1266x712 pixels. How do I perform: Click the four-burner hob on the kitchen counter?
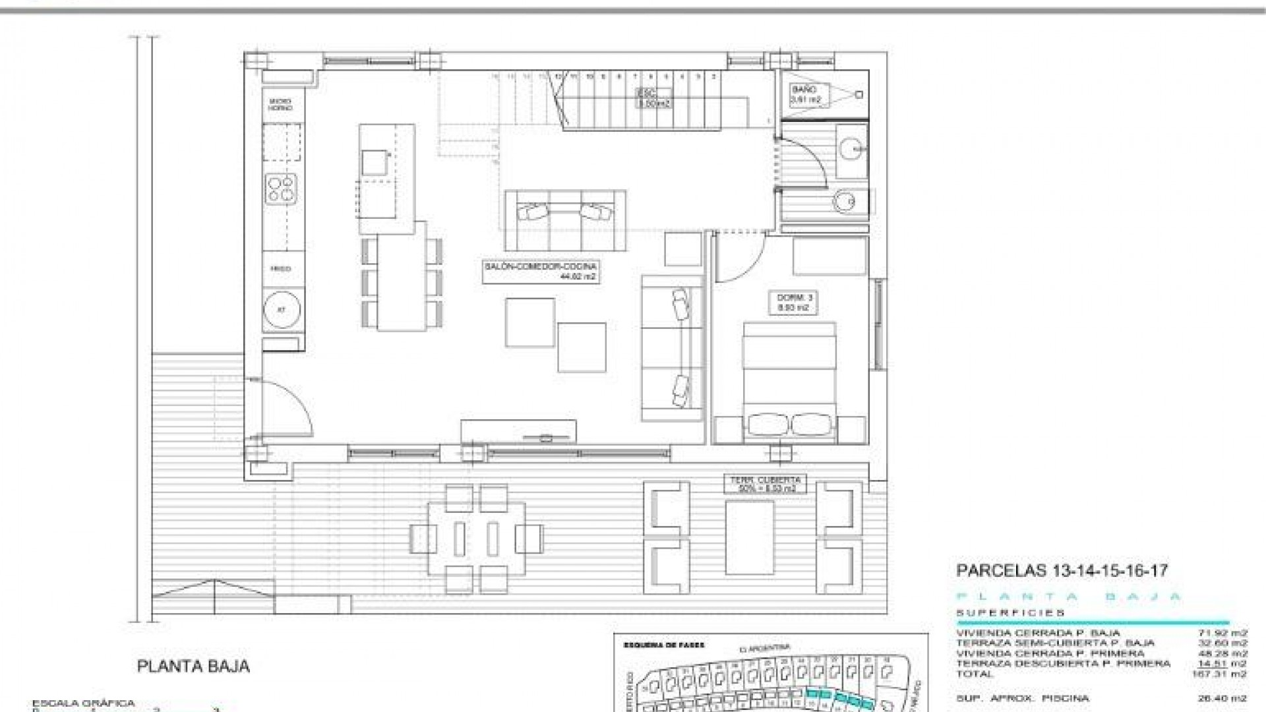pyautogui.click(x=282, y=187)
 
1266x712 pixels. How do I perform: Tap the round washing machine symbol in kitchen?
pyautogui.click(x=282, y=310)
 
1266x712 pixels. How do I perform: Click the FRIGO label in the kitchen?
pyautogui.click(x=280, y=268)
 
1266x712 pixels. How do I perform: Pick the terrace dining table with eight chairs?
pyautogui.click(x=477, y=539)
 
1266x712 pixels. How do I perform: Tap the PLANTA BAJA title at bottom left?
pyautogui.click(x=193, y=666)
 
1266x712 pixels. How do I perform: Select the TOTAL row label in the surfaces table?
pyautogui.click(x=974, y=674)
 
